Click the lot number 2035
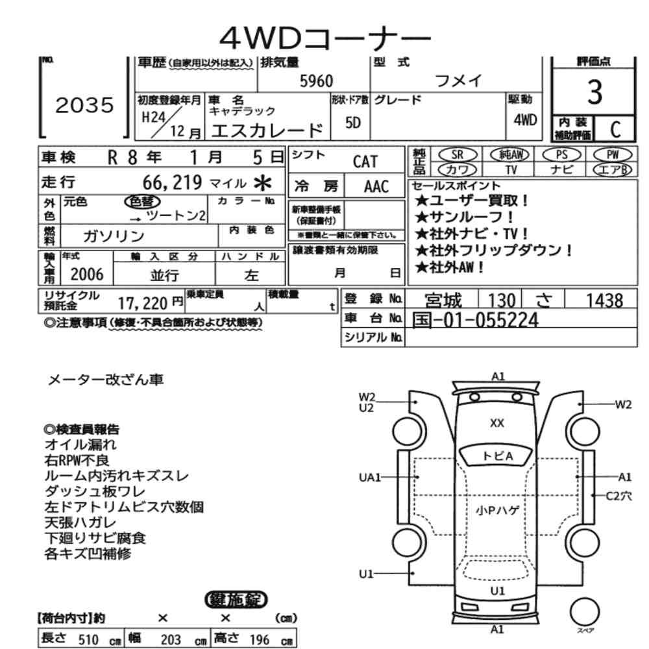(x=85, y=106)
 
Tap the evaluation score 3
(x=593, y=95)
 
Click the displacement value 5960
(x=316, y=80)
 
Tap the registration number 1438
(x=604, y=300)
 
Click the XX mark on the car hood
(x=496, y=423)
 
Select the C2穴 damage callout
(x=618, y=496)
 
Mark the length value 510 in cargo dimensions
(x=88, y=639)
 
